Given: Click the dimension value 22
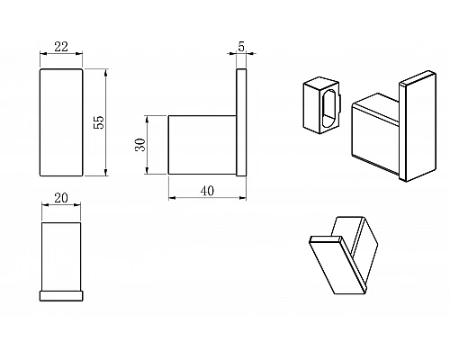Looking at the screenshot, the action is pyautogui.click(x=61, y=47).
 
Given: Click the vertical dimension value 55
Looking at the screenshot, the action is pyautogui.click(x=99, y=122).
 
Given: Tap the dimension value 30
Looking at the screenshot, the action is pyautogui.click(x=140, y=145).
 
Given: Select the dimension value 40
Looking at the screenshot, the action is pyautogui.click(x=207, y=191).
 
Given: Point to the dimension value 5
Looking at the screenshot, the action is pyautogui.click(x=241, y=47).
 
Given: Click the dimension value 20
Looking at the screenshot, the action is pyautogui.click(x=61, y=198).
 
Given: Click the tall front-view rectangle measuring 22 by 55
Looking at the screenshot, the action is pyautogui.click(x=61, y=122).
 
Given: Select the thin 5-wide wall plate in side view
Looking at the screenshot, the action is pyautogui.click(x=241, y=122).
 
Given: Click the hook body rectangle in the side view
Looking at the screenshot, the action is pyautogui.click(x=202, y=145).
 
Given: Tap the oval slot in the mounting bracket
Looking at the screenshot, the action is pyautogui.click(x=328, y=109).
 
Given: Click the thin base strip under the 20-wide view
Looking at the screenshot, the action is pyautogui.click(x=61, y=295).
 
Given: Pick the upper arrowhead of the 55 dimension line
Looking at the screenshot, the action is pyautogui.click(x=105, y=72).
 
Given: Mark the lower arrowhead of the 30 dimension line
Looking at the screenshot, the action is pyautogui.click(x=147, y=171).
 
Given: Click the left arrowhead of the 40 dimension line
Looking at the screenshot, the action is pyautogui.click(x=172, y=198).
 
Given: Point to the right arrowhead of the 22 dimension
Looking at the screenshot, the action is pyautogui.click(x=79, y=54).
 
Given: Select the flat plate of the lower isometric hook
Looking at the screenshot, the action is pyautogui.click(x=338, y=265).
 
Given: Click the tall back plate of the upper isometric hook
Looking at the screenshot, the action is pyautogui.click(x=418, y=126).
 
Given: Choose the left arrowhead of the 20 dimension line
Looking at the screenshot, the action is pyautogui.click(x=45, y=205).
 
